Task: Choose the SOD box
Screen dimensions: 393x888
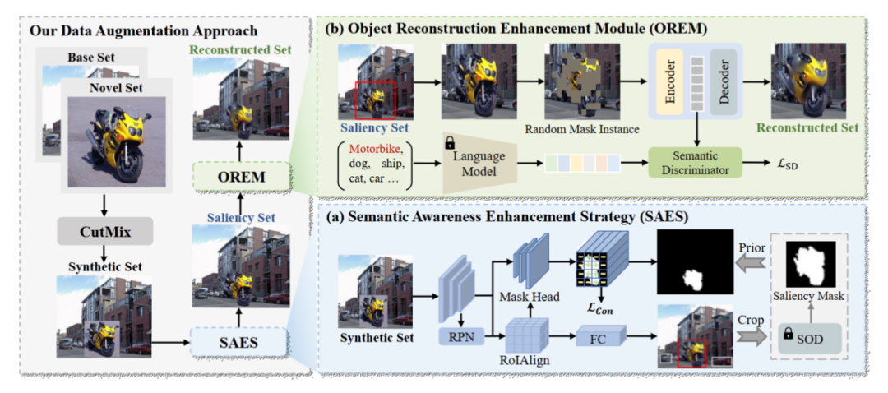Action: pos(808,339)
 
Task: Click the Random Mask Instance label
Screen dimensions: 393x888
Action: pos(580,128)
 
